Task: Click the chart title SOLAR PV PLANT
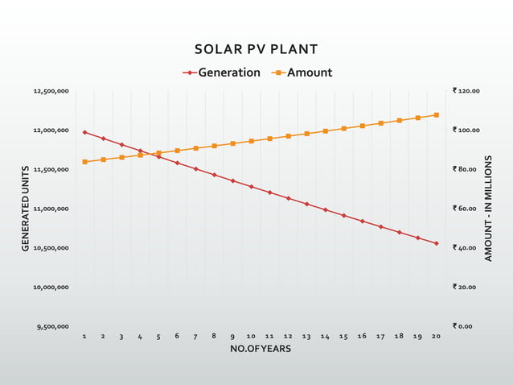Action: click(x=256, y=50)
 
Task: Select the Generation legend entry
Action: click(x=222, y=72)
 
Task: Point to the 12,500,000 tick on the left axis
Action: click(x=51, y=91)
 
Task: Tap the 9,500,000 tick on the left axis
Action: click(x=52, y=326)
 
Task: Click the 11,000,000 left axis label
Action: click(x=51, y=209)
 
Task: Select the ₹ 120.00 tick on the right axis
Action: click(x=466, y=91)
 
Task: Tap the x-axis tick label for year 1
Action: click(x=84, y=336)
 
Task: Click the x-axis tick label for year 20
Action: click(x=436, y=336)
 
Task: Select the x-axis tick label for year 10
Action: click(x=251, y=336)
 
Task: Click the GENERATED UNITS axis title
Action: click(x=26, y=209)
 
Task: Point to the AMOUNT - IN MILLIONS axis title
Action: click(x=488, y=209)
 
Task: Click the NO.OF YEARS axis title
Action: click(x=260, y=349)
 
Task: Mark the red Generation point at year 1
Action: click(x=84, y=132)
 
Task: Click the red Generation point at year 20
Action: click(x=436, y=243)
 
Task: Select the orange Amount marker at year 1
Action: click(x=84, y=162)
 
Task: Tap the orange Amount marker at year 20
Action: click(x=436, y=115)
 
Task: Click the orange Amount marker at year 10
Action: click(x=251, y=141)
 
